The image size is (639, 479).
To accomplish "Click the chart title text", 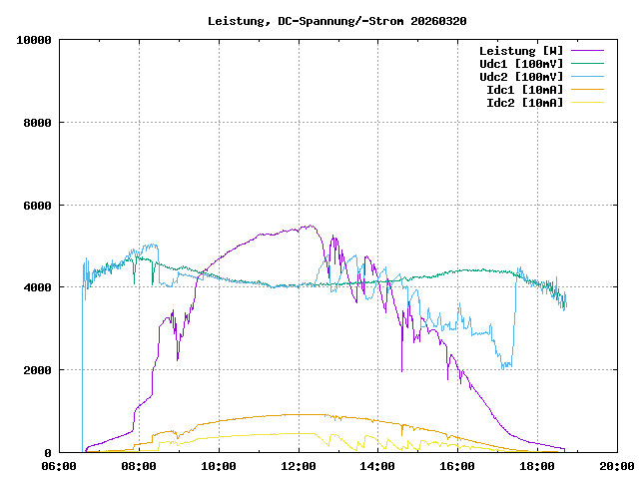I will pyautogui.click(x=336, y=20).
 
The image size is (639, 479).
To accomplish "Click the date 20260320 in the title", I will pyautogui.click(x=438, y=20).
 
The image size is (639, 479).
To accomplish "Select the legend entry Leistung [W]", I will pyautogui.click(x=520, y=50).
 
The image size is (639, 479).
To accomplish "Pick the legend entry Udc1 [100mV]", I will pyautogui.click(x=520, y=63).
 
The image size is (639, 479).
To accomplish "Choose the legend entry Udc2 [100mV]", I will pyautogui.click(x=520, y=76).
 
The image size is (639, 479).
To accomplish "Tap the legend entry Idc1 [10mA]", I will pyautogui.click(x=523, y=89).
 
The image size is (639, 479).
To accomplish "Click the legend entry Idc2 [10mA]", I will pyautogui.click(x=523, y=102).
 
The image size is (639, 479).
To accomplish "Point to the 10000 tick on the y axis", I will pyautogui.click(x=35, y=40).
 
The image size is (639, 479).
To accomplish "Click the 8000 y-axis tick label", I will pyautogui.click(x=38, y=123).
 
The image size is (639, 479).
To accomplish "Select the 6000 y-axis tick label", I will pyautogui.click(x=38, y=206).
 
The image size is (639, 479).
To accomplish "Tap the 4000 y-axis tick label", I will pyautogui.click(x=38, y=287).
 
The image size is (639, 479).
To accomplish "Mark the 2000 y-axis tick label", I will pyautogui.click(x=38, y=370).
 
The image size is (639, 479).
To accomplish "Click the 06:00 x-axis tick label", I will pyautogui.click(x=59, y=466).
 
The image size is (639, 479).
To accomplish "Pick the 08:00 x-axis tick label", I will pyautogui.click(x=139, y=466).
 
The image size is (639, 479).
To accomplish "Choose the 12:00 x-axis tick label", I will pyautogui.click(x=299, y=466).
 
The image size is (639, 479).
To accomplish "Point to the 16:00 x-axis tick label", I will pyautogui.click(x=457, y=466).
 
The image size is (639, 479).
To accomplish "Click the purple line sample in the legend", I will pyautogui.click(x=587, y=50).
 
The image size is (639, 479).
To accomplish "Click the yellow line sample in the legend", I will pyautogui.click(x=587, y=102).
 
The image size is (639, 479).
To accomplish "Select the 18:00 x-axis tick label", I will pyautogui.click(x=537, y=466).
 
